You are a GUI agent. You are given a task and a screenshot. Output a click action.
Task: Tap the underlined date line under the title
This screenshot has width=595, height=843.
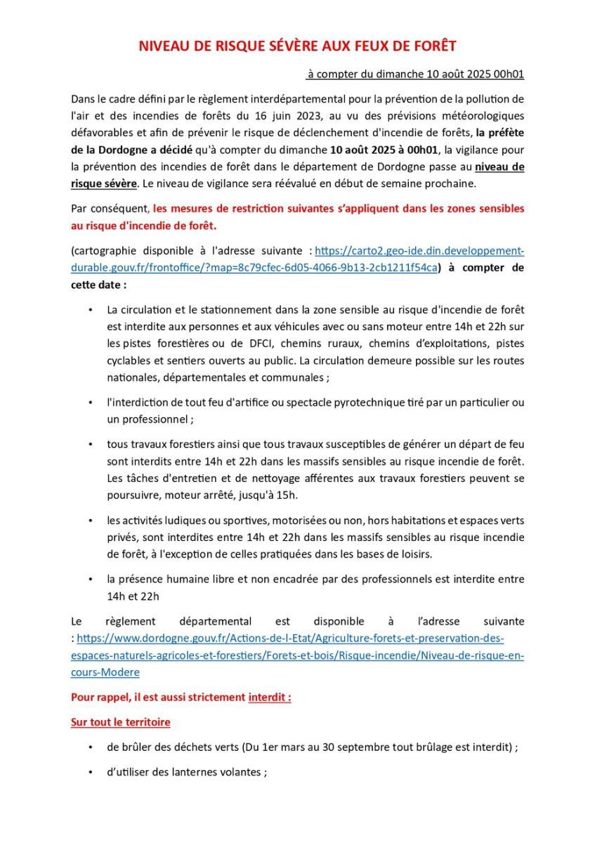pos(415,74)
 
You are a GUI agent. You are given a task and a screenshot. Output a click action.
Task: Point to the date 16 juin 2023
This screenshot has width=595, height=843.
pos(291,115)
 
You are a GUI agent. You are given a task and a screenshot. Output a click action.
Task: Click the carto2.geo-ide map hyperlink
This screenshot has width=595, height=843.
pos(419,251)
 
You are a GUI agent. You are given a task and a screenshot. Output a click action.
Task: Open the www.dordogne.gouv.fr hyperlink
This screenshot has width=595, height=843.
pos(290,639)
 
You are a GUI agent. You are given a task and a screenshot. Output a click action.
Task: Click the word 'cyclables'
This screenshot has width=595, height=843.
pos(130,360)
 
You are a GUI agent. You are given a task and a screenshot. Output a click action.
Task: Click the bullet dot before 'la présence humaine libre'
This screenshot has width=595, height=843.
pos(91,580)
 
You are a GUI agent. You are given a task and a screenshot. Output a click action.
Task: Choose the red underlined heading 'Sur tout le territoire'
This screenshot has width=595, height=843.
pos(120,722)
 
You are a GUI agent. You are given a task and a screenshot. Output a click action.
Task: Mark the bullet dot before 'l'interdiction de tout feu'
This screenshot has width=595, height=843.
pos(91,403)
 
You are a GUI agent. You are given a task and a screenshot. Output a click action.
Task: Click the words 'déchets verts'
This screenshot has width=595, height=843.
pos(198,747)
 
